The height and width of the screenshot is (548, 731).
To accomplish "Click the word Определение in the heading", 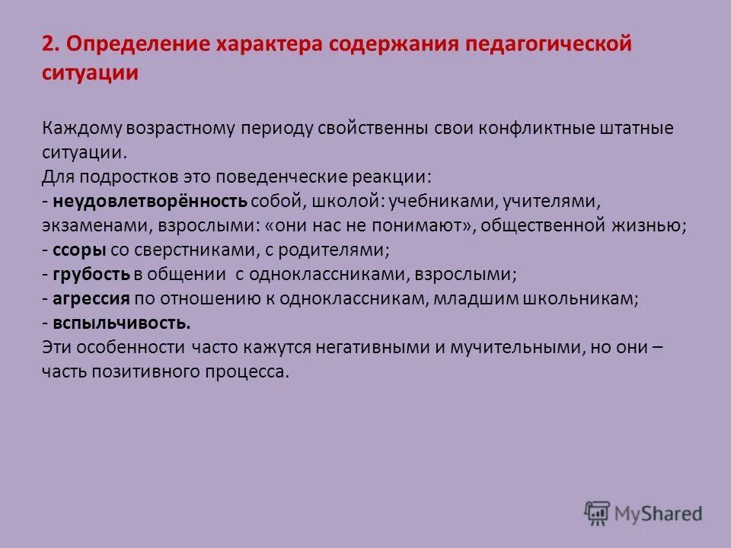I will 131,43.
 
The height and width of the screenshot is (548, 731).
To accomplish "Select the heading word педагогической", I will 554,43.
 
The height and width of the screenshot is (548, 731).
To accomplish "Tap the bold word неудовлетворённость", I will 145,201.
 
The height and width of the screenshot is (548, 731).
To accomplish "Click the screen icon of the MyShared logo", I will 597,512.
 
